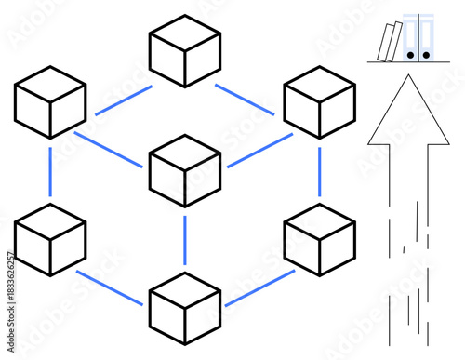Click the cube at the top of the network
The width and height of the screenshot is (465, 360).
(x=184, y=50)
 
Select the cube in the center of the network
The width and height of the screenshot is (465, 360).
(x=184, y=170)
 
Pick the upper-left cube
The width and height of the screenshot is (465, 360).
(x=49, y=101)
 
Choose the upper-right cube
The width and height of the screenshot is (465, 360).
(x=319, y=101)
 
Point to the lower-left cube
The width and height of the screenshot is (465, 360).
(x=49, y=240)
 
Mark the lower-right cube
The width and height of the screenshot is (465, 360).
(x=319, y=240)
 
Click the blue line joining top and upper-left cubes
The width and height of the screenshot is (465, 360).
(x=123, y=100)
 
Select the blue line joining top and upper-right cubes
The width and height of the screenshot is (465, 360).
(x=245, y=100)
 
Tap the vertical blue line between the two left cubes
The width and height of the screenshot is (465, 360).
(x=49, y=171)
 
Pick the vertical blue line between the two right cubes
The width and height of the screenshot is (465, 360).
(x=319, y=171)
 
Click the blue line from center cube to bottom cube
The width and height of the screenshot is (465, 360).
(x=184, y=240)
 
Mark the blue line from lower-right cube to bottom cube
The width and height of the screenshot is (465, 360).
(x=259, y=287)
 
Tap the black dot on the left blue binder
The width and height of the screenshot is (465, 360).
(x=411, y=55)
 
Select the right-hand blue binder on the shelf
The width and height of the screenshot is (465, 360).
(x=426, y=39)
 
